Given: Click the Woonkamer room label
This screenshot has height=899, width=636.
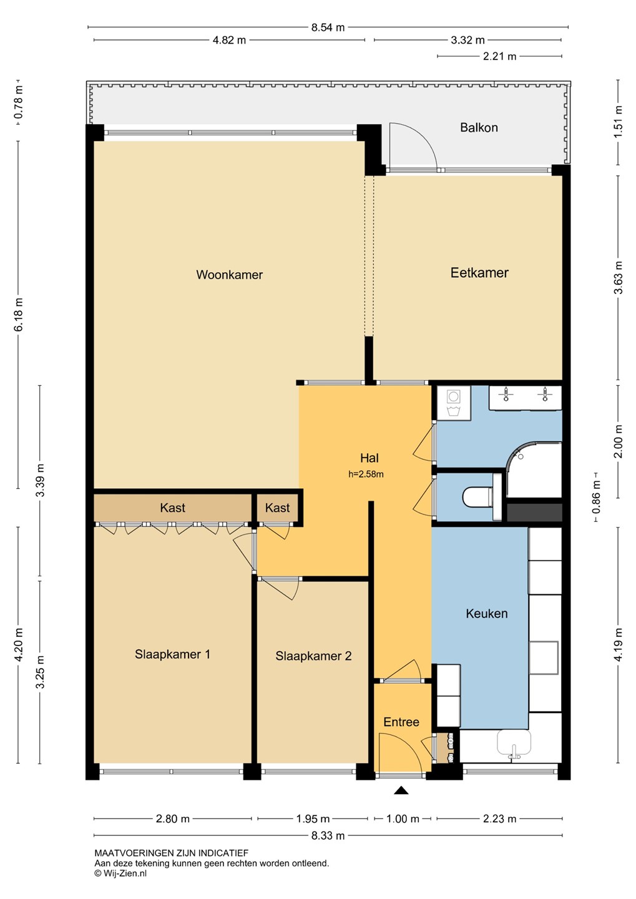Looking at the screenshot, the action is click(x=229, y=275).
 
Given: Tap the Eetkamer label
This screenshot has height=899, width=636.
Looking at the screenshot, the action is click(x=479, y=272).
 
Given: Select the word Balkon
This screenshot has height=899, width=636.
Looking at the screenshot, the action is click(x=479, y=127).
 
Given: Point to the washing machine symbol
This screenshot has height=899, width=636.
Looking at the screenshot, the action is click(x=453, y=403).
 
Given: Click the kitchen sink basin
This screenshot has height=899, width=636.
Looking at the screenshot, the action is click(x=514, y=742).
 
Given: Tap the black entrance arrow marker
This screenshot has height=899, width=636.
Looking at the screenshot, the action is click(x=401, y=790).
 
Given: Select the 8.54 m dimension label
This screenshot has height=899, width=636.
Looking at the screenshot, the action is click(x=328, y=27).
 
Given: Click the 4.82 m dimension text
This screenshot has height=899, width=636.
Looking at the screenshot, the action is click(x=229, y=40).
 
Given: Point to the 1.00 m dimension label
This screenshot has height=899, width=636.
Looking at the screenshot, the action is click(x=403, y=818).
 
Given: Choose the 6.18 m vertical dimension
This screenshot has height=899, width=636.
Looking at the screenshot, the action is click(x=19, y=315).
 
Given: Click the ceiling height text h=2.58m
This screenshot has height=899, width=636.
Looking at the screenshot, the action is click(x=366, y=474).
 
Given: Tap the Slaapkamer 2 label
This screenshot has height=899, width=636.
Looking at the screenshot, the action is click(x=313, y=656).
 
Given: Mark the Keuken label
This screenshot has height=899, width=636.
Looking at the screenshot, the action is click(x=487, y=613).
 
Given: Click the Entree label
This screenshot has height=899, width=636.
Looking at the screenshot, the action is click(x=401, y=722).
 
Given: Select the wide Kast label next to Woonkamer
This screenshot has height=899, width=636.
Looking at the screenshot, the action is click(x=172, y=508).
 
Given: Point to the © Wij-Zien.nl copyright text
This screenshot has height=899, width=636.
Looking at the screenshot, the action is click(x=120, y=873).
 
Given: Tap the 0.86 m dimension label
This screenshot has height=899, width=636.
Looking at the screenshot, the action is click(x=596, y=497).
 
